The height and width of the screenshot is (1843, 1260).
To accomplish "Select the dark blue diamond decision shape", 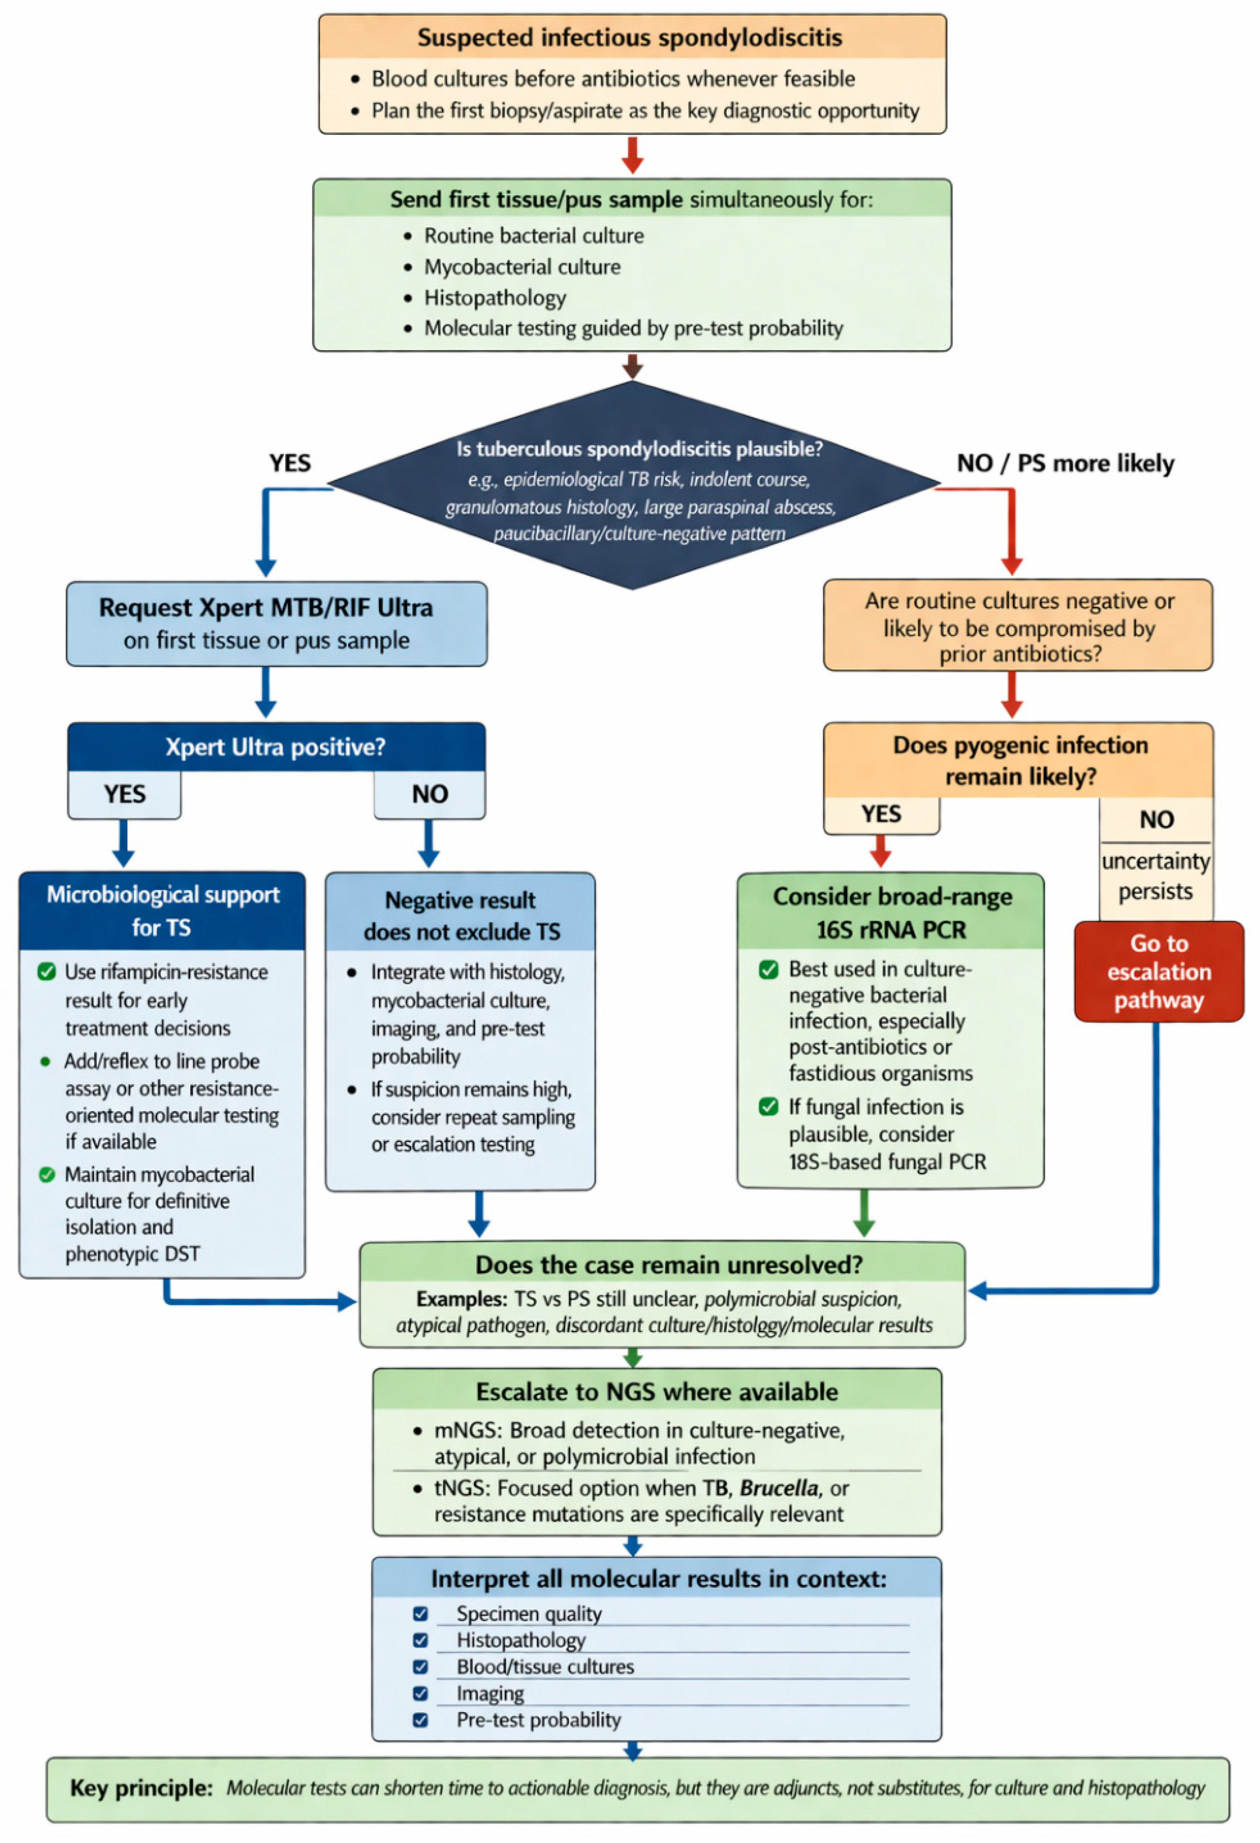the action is click(x=633, y=485).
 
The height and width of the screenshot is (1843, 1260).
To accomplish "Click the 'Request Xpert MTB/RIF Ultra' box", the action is click(x=277, y=624).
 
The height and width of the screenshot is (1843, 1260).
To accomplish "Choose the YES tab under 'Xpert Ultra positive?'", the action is click(x=125, y=794).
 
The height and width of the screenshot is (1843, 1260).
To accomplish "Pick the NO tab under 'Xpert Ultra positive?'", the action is click(x=430, y=794).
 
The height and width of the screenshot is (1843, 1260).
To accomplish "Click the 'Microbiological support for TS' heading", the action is click(x=163, y=910).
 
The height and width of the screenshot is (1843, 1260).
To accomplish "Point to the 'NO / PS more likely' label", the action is click(x=1066, y=463).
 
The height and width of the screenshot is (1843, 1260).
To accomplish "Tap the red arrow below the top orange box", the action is click(x=632, y=155).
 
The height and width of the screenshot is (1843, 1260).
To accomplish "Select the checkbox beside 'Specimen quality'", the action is click(x=420, y=1614).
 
